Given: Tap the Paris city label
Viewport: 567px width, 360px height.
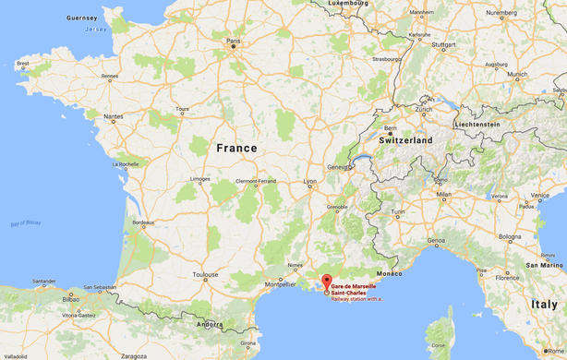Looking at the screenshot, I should click(x=234, y=41).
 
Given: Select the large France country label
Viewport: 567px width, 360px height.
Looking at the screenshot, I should click(x=236, y=147).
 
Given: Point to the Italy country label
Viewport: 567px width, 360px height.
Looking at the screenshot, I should click(x=542, y=304).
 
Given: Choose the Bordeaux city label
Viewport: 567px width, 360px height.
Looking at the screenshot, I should click(x=144, y=222).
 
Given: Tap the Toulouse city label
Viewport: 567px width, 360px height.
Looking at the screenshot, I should click(x=206, y=274).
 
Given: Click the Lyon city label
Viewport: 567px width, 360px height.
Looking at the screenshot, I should click(x=311, y=182).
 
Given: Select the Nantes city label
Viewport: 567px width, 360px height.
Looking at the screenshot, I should click(x=115, y=116).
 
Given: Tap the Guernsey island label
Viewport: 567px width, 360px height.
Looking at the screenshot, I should click(x=81, y=18).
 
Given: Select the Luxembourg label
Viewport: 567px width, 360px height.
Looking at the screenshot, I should click(x=347, y=3).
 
